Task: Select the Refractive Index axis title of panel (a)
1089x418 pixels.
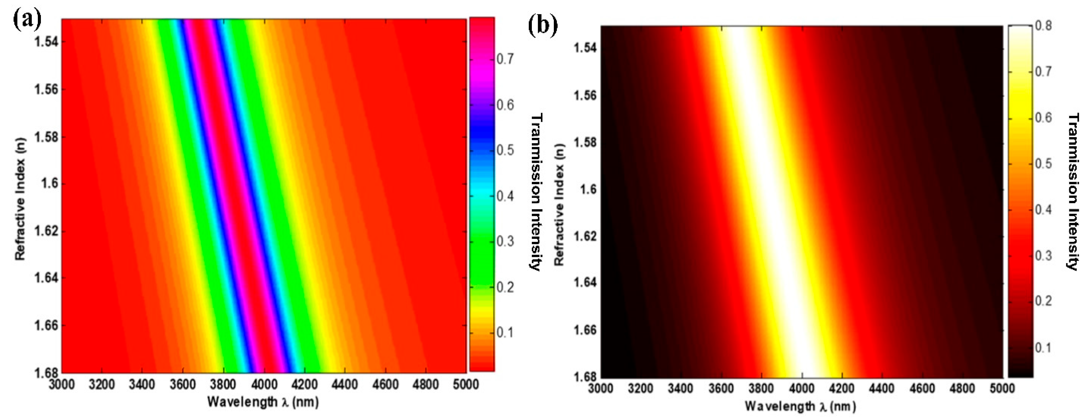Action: coord(20,199)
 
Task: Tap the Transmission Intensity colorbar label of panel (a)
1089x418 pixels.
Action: coord(536,192)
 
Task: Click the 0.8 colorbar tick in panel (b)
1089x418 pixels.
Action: coord(1043,26)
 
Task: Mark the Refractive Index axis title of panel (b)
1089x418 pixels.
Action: coord(559,205)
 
